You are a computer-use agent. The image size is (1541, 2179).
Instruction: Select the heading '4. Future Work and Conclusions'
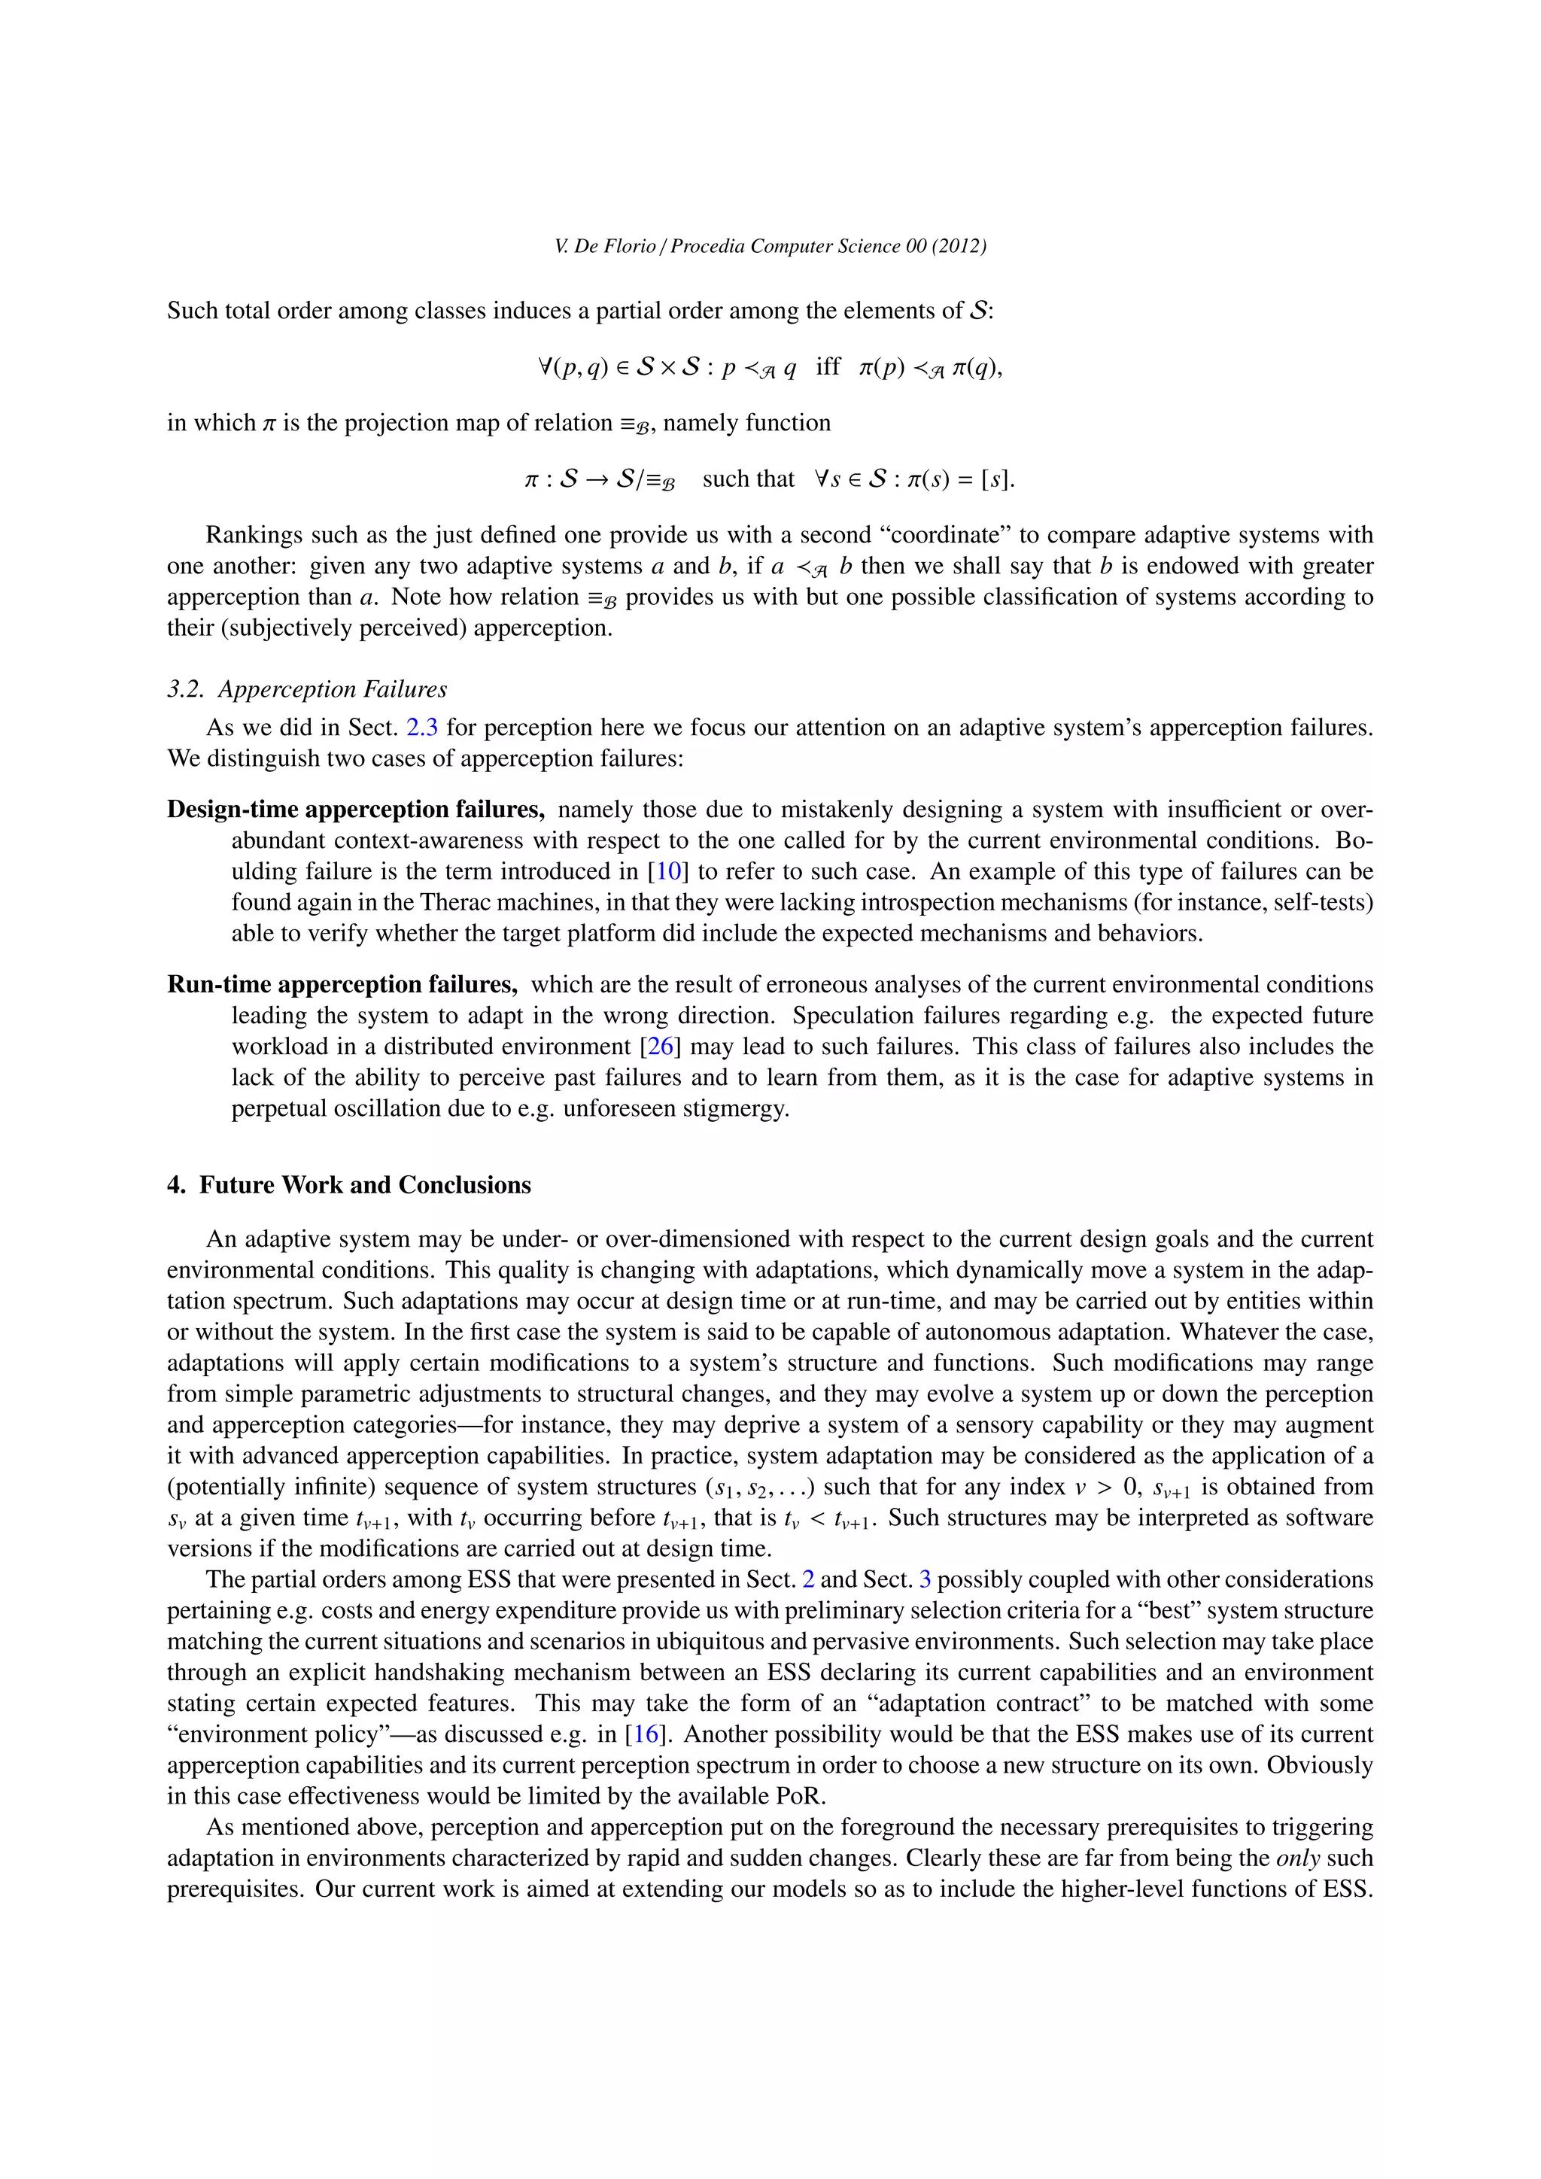pyautogui.click(x=348, y=1184)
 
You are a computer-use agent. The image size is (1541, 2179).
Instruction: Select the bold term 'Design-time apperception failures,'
pyautogui.click(x=356, y=810)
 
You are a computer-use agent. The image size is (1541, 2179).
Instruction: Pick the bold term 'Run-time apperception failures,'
pyautogui.click(x=342, y=984)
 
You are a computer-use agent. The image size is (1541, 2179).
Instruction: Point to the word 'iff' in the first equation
pyautogui.click(x=828, y=366)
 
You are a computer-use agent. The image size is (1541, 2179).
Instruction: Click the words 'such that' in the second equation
pyautogui.click(x=748, y=479)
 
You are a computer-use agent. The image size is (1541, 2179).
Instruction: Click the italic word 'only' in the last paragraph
pyautogui.click(x=1298, y=1858)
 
